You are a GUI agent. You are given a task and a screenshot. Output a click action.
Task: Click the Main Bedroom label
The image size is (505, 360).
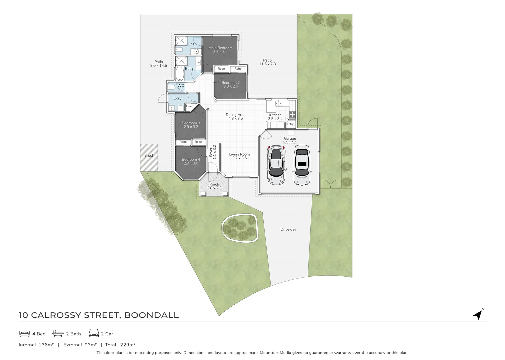pos(220,48)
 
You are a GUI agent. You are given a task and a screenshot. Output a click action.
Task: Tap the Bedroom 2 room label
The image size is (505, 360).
pos(230,83)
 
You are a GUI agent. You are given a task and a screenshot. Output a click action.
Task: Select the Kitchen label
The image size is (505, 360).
pos(275,115)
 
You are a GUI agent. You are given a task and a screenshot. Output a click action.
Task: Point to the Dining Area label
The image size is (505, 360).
pos(235,115)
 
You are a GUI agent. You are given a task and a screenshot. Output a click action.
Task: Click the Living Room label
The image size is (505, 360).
pos(239,154)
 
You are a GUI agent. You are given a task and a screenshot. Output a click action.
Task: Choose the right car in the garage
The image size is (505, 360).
pos(302,165)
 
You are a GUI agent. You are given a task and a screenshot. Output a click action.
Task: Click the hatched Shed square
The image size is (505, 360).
pos(149,157)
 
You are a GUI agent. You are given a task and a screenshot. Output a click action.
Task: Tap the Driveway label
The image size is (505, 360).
pos(288,229)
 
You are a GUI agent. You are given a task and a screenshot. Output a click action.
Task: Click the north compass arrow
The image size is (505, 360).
pos(478,314)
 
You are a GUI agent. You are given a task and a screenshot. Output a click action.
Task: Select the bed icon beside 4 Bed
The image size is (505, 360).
pos(25,334)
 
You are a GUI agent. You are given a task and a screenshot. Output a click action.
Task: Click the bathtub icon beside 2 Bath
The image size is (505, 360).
pos(58,334)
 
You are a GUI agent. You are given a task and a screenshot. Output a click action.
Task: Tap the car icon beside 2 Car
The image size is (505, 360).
pos(94,333)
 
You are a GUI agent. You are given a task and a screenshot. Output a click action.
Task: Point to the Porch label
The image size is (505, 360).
pos(214,184)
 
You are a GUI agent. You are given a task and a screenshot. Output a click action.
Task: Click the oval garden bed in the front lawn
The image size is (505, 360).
pos(240,227)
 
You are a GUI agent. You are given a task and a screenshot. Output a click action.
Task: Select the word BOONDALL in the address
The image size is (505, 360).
pos(151,315)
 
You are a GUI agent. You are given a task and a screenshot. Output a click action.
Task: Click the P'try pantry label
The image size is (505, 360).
pos(291,124)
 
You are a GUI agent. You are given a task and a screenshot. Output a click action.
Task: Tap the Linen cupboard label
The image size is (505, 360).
pos(190,106)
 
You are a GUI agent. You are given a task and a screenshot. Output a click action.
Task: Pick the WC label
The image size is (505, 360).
pos(181,86)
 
